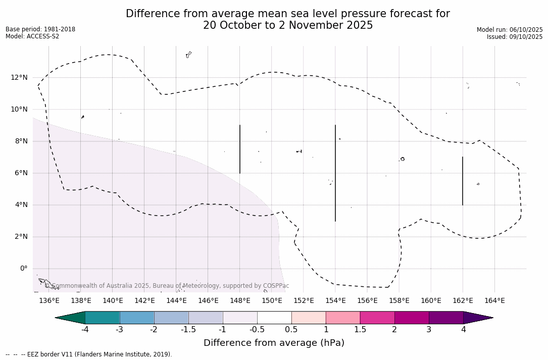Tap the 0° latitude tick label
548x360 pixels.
coord(23,269)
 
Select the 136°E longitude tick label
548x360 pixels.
coord(49,301)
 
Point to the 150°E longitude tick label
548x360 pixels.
coord(272,301)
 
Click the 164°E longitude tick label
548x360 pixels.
coord(494,301)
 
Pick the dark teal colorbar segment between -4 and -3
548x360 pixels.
coord(103,318)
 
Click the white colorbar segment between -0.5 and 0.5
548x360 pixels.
coord(274,318)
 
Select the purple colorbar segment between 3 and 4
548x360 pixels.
coord(446,318)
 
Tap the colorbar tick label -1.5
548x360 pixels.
coord(188,330)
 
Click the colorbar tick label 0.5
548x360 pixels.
coord(291,330)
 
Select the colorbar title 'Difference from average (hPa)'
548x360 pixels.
coord(274,343)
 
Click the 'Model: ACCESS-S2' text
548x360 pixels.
coord(32,36)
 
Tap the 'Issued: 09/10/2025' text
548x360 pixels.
coord(515,37)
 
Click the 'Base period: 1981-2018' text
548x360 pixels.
coord(40,29)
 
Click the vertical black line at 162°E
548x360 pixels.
coord(463,181)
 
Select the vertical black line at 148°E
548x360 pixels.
coord(240,149)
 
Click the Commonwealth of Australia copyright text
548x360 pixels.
coord(167,286)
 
